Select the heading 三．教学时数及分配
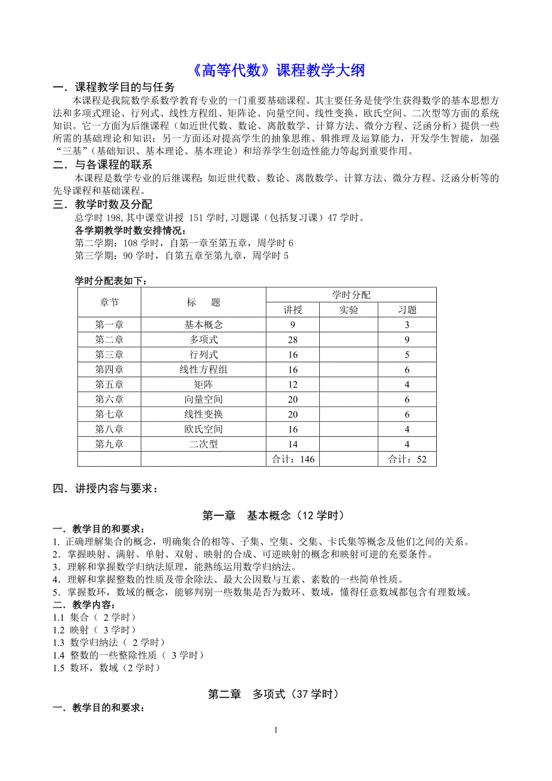103,205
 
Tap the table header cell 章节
109,302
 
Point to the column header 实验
349,310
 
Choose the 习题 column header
407,310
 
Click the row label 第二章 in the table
109,340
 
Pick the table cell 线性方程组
203,370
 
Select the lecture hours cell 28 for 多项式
293,340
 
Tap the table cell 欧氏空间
203,429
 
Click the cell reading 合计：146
293,459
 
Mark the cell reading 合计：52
407,459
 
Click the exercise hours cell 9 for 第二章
407,340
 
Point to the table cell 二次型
203,444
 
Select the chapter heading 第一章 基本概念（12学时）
273,515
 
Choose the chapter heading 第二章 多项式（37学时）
273,694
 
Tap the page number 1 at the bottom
275,730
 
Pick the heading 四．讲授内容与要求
106,489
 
